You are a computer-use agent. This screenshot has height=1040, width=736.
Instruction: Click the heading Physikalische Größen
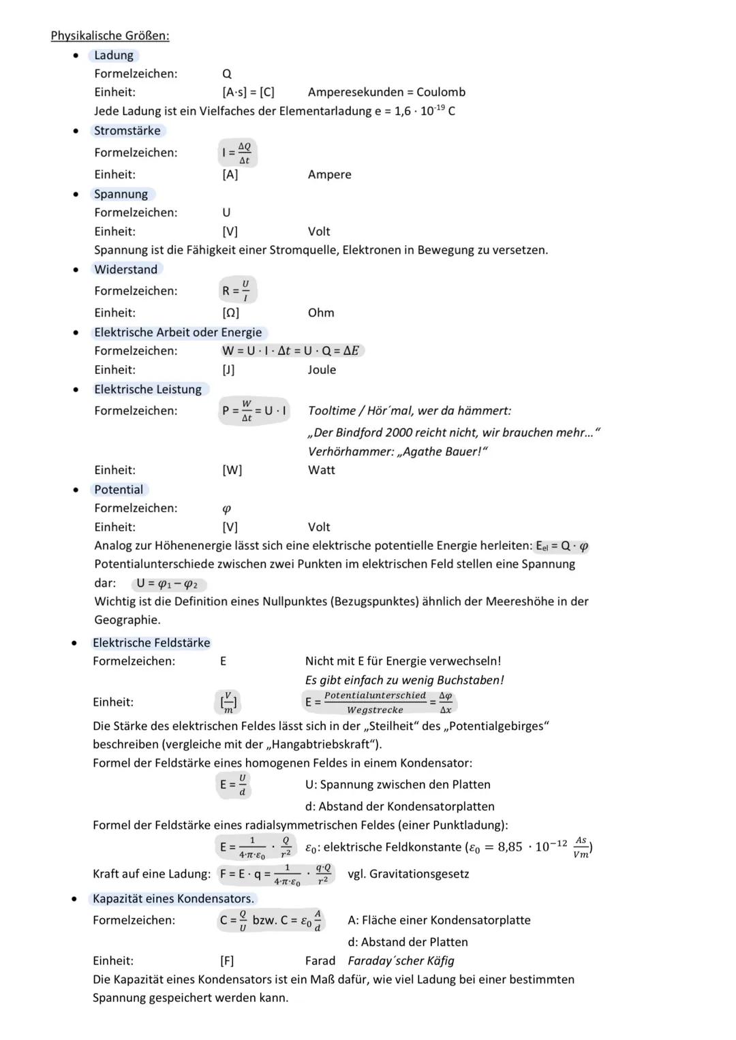point(110,35)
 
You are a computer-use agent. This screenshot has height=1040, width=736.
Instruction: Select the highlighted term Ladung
point(114,55)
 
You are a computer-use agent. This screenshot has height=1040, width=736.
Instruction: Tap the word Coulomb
point(441,92)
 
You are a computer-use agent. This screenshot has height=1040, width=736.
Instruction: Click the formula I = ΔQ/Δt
point(237,153)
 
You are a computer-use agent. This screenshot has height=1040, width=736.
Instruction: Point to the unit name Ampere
point(329,174)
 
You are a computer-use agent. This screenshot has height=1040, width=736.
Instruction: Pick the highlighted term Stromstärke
point(127,131)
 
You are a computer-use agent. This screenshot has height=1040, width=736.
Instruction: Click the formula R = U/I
point(236,291)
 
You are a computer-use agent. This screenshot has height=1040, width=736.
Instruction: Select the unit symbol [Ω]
point(230,313)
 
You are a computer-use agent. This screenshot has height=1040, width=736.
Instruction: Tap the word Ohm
point(321,313)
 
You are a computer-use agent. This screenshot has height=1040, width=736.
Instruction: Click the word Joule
point(322,370)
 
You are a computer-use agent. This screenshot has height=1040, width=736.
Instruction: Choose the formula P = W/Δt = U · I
point(254,411)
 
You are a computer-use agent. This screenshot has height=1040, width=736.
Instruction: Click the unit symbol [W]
point(232,470)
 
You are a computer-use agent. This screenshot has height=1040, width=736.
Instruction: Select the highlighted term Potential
point(119,490)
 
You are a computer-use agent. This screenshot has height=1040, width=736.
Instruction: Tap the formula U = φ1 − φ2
point(167,584)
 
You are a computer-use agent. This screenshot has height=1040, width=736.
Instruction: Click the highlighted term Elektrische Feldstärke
point(151,643)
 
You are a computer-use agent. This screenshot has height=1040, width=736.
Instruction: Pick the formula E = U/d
point(233,785)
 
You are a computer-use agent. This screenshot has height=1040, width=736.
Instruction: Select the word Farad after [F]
point(320,961)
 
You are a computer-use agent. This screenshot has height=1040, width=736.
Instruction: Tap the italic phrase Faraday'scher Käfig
point(401,961)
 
